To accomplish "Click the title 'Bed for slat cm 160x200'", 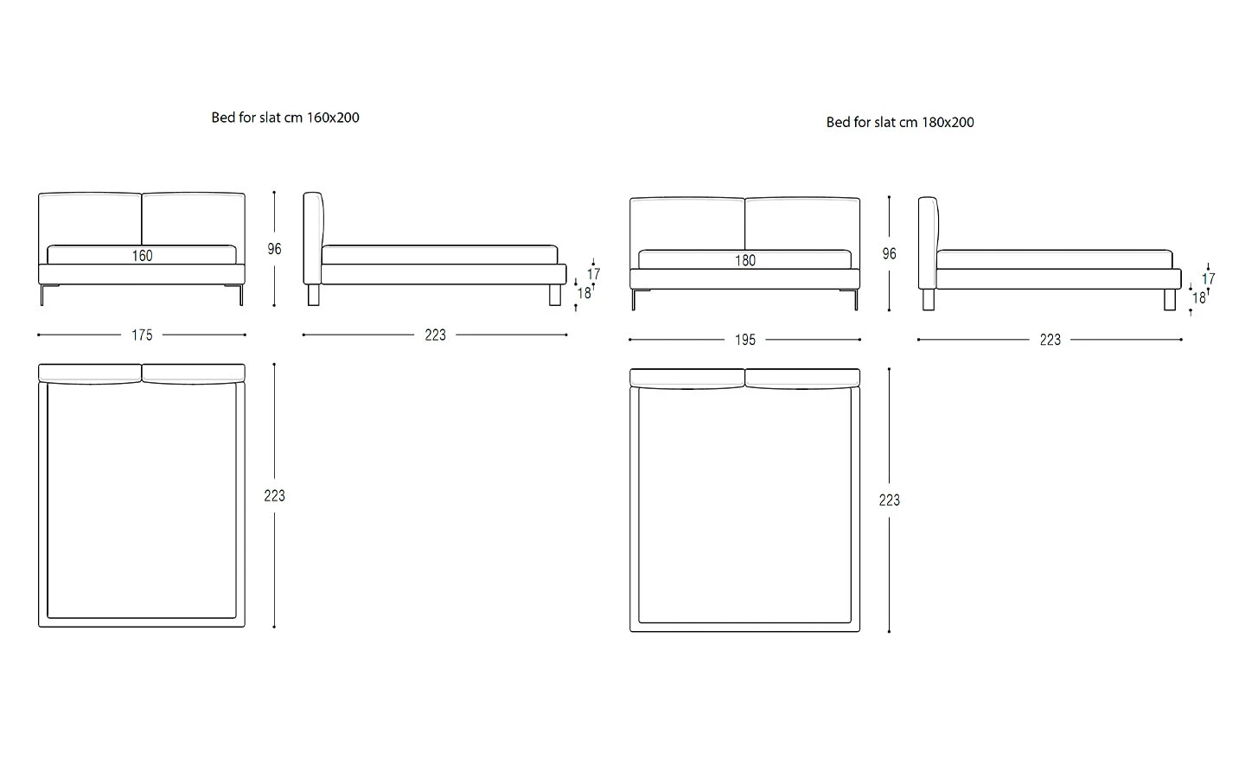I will (x=285, y=118).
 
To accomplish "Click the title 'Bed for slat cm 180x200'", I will (x=900, y=123).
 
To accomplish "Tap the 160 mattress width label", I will (x=142, y=256).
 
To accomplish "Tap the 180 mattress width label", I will (x=744, y=260).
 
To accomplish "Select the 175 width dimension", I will (x=142, y=335).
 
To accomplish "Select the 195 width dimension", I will (x=744, y=341).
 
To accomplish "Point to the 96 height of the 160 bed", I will (x=274, y=249).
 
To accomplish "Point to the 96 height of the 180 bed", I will (x=889, y=254).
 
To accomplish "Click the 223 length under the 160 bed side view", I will (x=435, y=335).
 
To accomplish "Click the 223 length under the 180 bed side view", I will (x=1050, y=341).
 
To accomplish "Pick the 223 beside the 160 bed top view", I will (x=274, y=496).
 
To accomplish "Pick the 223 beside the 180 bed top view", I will (x=889, y=501).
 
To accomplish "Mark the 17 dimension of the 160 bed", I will (x=593, y=274).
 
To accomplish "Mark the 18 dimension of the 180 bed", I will (x=1198, y=298).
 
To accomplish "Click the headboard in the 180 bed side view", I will (x=927, y=242).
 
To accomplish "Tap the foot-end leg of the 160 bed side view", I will (x=554, y=295).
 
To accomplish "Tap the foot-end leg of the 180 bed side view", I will (x=1169, y=300).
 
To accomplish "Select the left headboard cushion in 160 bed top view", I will (x=90, y=373).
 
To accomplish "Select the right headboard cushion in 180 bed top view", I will (x=802, y=378).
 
